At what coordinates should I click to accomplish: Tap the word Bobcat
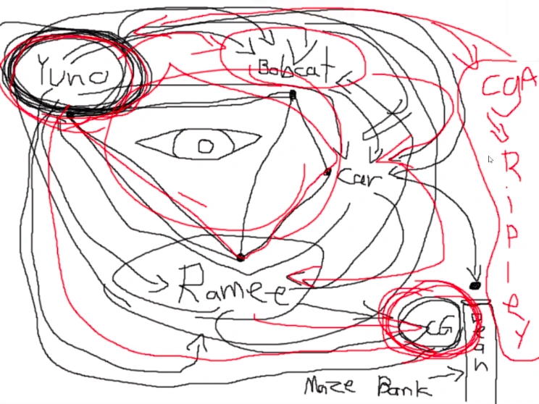click(293, 69)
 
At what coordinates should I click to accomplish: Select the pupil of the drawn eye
click(206, 147)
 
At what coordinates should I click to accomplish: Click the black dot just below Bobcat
click(293, 95)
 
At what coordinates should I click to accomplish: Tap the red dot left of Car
click(327, 172)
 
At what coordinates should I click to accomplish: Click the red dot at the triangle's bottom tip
click(241, 257)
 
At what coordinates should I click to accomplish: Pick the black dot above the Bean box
click(475, 286)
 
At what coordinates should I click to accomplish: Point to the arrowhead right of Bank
click(458, 374)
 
